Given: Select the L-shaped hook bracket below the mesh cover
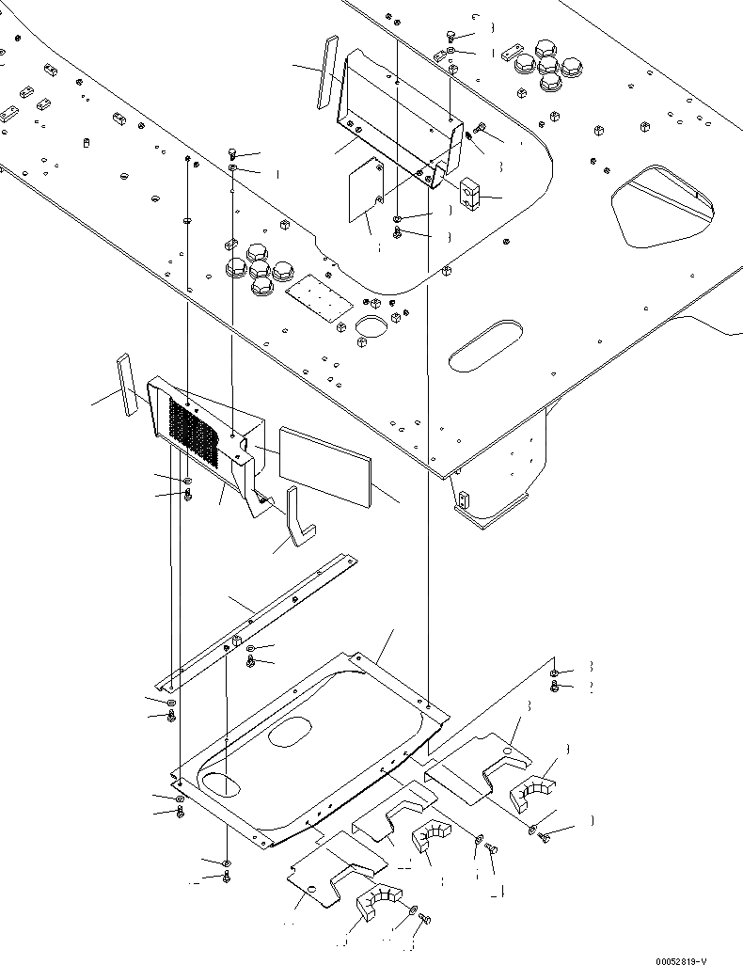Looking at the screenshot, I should click(298, 516).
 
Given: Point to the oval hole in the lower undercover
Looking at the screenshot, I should click(292, 732).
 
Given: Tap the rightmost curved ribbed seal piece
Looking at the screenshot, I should click(533, 790).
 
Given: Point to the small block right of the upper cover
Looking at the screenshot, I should click(471, 197).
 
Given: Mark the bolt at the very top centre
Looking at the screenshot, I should click(453, 36).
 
